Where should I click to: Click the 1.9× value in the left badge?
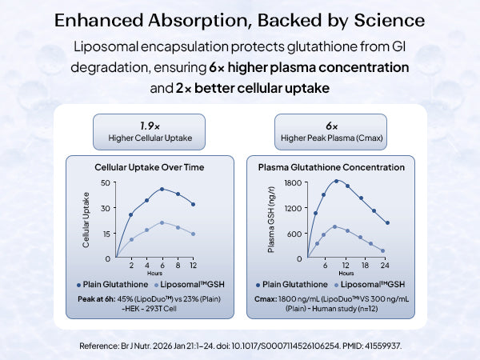pos(146,126)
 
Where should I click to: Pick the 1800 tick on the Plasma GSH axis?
pos(292,183)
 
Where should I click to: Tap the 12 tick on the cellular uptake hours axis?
pos(193,265)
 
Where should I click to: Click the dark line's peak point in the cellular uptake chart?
pos(162,190)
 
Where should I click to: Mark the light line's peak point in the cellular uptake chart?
pos(162,222)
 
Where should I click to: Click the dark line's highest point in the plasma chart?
pos(337,181)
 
